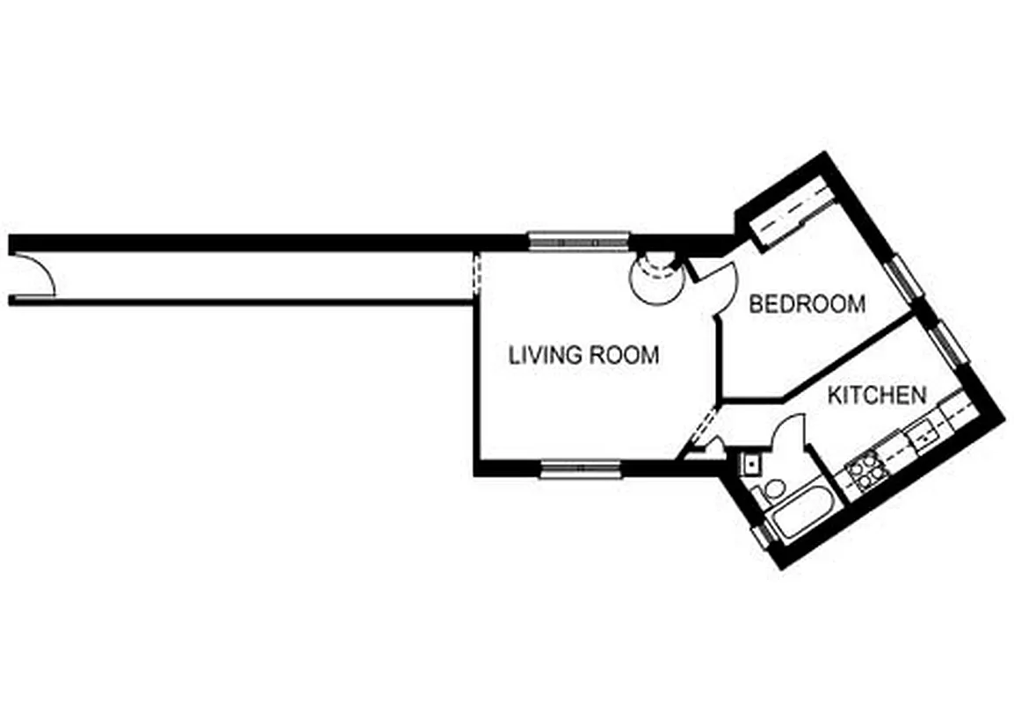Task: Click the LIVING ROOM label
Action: [583, 355]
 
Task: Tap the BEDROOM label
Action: [806, 304]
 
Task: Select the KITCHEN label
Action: [877, 395]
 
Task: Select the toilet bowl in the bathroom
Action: [774, 489]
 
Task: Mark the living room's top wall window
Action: [578, 239]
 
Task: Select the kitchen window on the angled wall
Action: [950, 343]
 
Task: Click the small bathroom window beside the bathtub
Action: [759, 536]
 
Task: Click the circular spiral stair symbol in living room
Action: [655, 279]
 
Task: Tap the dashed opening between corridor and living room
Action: [476, 273]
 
